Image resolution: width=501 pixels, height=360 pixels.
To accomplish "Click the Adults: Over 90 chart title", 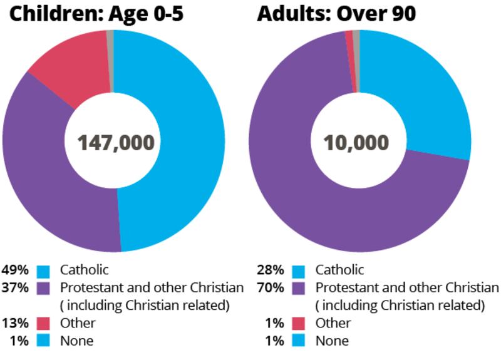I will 336,13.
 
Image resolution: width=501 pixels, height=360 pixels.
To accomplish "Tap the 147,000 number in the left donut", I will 116,142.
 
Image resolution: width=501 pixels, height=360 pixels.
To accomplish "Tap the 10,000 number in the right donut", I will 356,142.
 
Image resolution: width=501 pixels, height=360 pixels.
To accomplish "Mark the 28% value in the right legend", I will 270,270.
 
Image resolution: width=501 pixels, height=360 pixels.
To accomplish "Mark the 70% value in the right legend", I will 270,288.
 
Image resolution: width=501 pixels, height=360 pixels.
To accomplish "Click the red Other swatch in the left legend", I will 44,324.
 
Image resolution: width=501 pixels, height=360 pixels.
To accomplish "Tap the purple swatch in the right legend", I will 299,288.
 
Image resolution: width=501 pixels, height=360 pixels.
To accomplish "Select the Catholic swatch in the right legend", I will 299,270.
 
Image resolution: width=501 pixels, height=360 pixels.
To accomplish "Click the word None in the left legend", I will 76,341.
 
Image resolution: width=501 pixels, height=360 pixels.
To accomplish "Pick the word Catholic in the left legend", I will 84,270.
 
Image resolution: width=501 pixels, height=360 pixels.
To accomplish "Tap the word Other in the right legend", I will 333,324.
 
